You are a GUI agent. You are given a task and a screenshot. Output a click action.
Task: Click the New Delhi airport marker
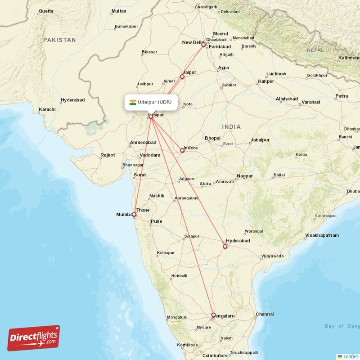tap(203, 45)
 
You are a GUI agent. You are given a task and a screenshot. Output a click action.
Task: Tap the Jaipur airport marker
tap(182, 77)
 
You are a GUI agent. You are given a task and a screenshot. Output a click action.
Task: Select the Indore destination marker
tap(182, 150)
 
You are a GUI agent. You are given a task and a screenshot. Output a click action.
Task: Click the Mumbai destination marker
tap(134, 215)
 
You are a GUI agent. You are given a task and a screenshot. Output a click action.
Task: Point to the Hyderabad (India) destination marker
tap(225, 246)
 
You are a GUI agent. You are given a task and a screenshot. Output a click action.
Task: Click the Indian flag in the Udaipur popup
tap(133, 102)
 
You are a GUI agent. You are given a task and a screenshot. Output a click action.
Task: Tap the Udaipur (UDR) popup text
tap(155, 102)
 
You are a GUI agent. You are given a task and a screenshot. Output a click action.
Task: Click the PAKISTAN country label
tap(60, 40)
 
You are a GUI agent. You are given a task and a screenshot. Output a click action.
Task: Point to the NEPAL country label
tap(315, 50)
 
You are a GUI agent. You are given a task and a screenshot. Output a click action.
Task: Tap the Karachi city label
tap(47, 109)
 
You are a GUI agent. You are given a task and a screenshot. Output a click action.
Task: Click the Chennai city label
tap(264, 314)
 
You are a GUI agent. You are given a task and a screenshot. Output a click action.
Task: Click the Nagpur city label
tap(245, 175)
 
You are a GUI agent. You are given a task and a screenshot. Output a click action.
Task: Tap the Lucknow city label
tap(276, 73)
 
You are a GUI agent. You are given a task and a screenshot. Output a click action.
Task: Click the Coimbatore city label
tap(216, 355)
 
